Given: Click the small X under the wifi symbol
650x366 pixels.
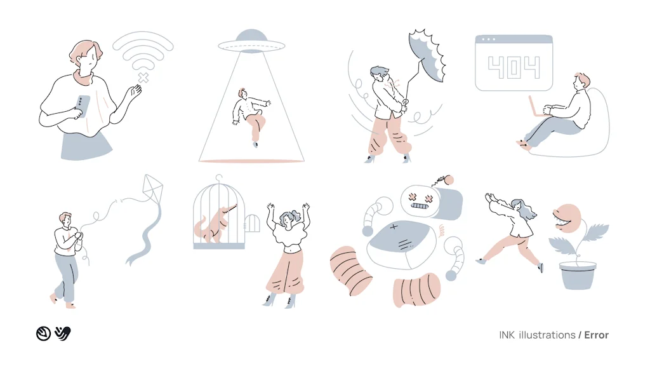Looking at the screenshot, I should point(144,78).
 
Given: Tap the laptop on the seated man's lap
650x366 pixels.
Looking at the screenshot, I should point(536,107).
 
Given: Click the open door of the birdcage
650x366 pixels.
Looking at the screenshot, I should point(253,224).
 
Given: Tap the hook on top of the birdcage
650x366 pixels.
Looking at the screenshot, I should point(219,179).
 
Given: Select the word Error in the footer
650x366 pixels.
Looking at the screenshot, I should point(596,335).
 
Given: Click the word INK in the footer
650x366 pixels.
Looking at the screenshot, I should point(507,335).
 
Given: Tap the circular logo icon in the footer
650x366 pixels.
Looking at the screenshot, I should point(43,333).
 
